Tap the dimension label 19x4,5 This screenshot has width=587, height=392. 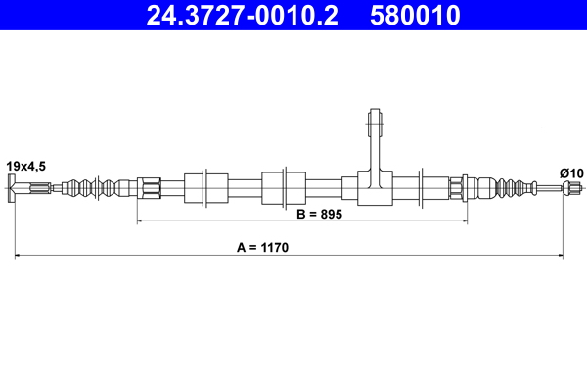pos(26,167)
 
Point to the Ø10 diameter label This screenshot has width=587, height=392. pos(570,173)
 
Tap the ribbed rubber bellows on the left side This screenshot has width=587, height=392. pos(98,187)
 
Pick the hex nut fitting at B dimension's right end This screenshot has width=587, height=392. pos(457,187)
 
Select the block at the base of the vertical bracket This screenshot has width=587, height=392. pos(373,187)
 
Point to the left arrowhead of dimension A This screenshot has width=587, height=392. pos(19,257)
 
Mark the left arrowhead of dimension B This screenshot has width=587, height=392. pos(141,222)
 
